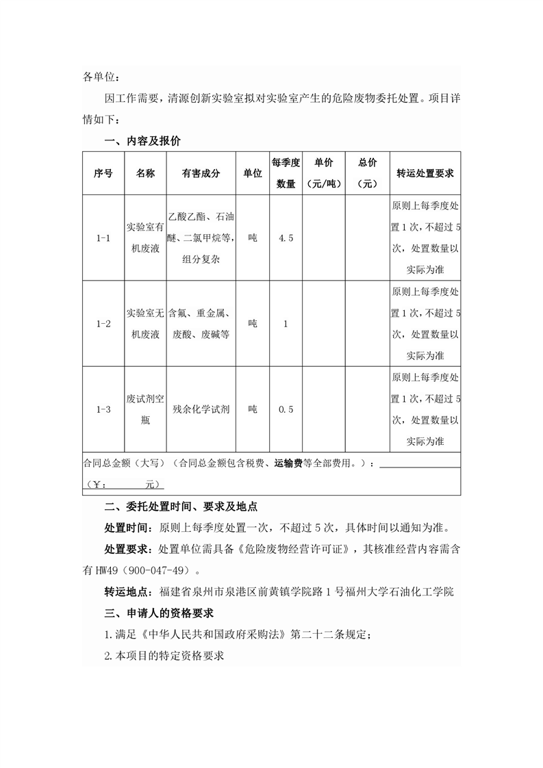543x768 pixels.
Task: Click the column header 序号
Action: pos(103,173)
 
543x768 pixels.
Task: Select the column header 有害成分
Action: pos(201,173)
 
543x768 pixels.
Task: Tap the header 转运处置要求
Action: pos(425,173)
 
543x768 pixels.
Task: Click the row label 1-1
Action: pos(103,238)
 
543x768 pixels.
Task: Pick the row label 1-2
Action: pos(103,323)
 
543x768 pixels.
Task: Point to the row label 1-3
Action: pos(103,409)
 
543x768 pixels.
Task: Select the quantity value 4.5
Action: pos(286,238)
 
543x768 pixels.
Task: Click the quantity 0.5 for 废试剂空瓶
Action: pos(286,409)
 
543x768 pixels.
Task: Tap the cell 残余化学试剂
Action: pos(201,409)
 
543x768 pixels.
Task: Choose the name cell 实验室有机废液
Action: pos(145,238)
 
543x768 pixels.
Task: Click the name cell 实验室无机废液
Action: pos(145,323)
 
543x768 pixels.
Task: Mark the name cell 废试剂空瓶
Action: pos(145,409)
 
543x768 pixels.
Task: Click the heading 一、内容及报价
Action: pos(142,141)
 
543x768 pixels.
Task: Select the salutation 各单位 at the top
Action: pos(101,77)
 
